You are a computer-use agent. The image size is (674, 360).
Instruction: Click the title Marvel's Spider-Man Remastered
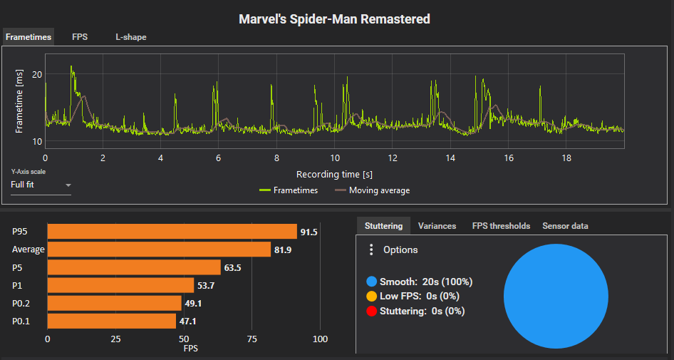pos(334,19)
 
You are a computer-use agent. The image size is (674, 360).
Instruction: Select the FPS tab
pos(80,37)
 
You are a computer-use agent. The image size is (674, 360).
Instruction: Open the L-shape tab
pos(131,37)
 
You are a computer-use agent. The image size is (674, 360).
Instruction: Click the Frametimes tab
pos(28,37)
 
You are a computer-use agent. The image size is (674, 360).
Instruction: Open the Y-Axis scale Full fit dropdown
pos(41,185)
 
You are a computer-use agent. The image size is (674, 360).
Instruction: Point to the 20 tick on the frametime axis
pos(37,74)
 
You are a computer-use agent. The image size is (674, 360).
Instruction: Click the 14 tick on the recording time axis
pos(450,158)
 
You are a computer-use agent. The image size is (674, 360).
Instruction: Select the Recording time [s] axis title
pos(334,174)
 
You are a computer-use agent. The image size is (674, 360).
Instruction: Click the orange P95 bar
pos(172,232)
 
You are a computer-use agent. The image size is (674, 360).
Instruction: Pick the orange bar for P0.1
pos(111,322)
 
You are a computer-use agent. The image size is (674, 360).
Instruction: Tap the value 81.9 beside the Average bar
pos(283,250)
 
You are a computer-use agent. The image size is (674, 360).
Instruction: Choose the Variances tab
pos(437,226)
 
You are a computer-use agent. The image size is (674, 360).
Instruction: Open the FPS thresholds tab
pos(501,226)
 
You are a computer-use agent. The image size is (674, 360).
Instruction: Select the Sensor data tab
pos(565,226)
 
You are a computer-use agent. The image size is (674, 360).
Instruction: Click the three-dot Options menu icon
pos(370,250)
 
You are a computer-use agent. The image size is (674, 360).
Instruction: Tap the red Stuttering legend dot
pos(370,311)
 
